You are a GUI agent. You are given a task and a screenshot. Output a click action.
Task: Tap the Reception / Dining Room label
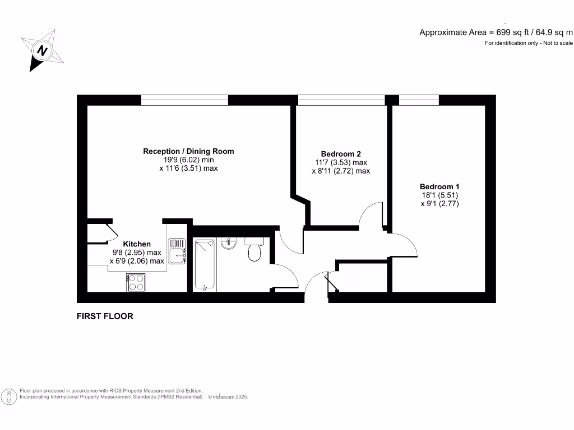188,151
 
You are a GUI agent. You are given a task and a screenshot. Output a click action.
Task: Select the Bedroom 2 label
341,154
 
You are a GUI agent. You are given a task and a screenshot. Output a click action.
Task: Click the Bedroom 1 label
440,186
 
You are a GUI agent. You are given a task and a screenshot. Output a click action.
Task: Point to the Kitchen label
137,244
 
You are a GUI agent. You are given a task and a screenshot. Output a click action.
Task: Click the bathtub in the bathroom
205,264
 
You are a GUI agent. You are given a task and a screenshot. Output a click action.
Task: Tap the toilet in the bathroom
254,250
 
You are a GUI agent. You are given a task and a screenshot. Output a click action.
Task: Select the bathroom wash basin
229,244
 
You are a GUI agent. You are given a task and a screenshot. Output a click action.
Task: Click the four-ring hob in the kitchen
136,282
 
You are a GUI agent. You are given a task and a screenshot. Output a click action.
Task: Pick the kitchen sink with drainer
178,250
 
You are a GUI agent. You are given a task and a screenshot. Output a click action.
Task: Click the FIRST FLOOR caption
105,316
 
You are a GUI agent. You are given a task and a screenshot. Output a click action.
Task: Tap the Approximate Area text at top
496,32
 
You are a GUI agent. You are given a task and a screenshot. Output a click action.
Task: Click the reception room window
184,100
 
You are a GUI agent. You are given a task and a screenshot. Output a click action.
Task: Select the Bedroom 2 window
341,100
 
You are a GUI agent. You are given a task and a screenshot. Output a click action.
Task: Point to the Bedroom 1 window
418,100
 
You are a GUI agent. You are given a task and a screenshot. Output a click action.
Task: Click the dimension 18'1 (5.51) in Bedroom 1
440,195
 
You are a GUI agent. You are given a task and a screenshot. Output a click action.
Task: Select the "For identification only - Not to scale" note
529,43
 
